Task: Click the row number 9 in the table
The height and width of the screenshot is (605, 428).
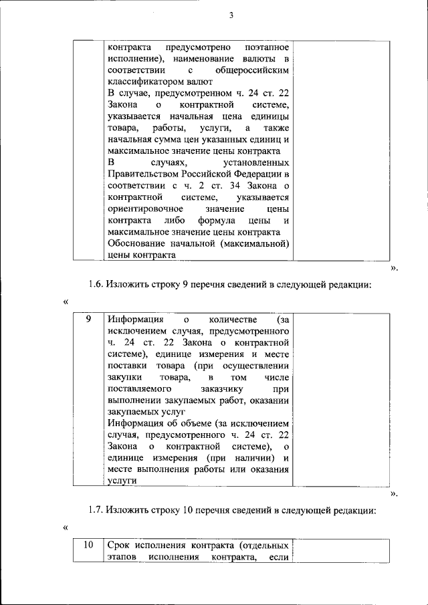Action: tap(88, 319)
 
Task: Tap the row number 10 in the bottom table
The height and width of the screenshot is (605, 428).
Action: tap(88, 545)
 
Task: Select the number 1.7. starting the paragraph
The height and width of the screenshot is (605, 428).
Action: tap(98, 511)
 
